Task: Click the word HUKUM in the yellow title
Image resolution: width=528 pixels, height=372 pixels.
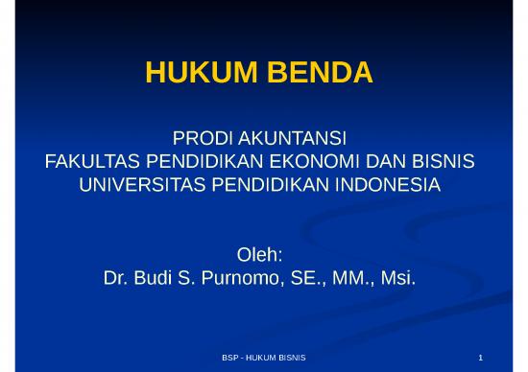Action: pyautogui.click(x=189, y=73)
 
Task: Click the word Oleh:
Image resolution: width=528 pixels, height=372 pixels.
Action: pyautogui.click(x=257, y=257)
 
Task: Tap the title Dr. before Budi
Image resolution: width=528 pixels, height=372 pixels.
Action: pyautogui.click(x=115, y=279)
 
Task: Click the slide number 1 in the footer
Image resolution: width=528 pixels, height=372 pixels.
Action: pyautogui.click(x=492, y=357)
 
